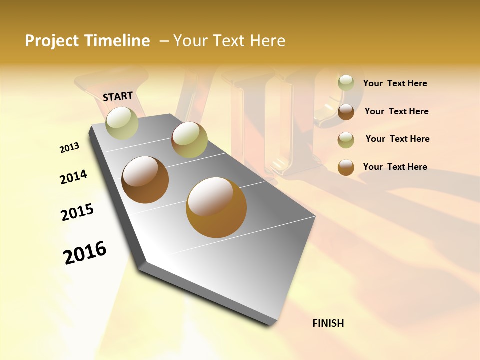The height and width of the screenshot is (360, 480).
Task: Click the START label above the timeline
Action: pyautogui.click(x=118, y=96)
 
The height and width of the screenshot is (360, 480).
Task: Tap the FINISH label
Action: pyautogui.click(x=328, y=323)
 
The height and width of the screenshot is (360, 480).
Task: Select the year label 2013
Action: pyautogui.click(x=70, y=148)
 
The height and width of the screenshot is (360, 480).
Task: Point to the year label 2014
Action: pyautogui.click(x=73, y=177)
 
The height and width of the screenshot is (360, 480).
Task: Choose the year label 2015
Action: pyautogui.click(x=77, y=212)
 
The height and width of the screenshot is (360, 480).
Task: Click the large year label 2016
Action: pyautogui.click(x=85, y=253)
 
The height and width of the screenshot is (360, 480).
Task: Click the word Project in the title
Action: pyautogui.click(x=53, y=41)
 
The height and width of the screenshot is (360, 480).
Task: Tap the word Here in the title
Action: pyautogui.click(x=267, y=41)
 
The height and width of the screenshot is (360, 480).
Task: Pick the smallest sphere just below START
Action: pyautogui.click(x=122, y=123)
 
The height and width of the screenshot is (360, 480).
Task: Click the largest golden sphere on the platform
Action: pyautogui.click(x=216, y=207)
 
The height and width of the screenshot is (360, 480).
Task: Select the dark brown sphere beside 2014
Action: pyautogui.click(x=145, y=180)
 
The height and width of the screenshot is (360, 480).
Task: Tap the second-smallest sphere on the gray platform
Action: pyautogui.click(x=189, y=140)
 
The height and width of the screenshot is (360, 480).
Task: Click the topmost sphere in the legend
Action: pyautogui.click(x=346, y=83)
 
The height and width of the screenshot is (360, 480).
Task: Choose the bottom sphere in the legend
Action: pyautogui.click(x=346, y=167)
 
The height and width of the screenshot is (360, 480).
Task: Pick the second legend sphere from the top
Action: pyautogui.click(x=346, y=112)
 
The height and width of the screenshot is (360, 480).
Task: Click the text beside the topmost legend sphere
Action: pyautogui.click(x=395, y=84)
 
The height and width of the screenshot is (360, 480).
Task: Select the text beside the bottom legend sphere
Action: pyautogui.click(x=395, y=167)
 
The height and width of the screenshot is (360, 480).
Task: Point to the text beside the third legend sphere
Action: pyautogui.click(x=397, y=139)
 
